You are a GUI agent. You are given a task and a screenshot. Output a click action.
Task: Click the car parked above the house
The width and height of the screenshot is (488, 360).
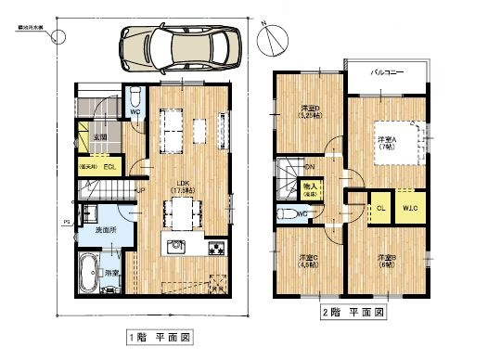point(180,44)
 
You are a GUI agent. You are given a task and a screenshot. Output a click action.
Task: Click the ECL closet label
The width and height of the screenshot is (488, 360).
point(109,167)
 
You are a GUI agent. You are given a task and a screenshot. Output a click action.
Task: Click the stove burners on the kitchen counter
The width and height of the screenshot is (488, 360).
point(216,248)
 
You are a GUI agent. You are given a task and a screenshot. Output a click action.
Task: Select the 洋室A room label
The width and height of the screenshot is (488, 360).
point(382,139)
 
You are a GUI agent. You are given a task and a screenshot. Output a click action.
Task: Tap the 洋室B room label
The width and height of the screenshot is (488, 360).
point(385,259)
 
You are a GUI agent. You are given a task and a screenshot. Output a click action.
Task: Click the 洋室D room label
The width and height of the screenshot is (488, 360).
point(310,113)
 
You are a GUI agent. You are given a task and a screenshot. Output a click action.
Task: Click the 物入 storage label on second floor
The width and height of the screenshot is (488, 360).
point(311,189)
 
